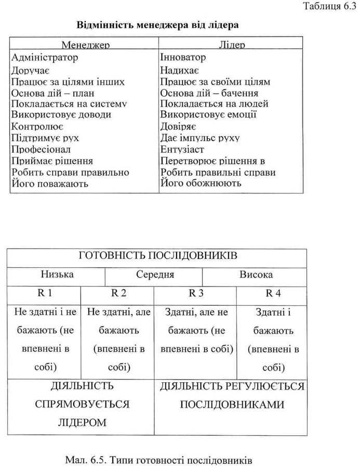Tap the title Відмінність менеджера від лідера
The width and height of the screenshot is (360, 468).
tap(158, 25)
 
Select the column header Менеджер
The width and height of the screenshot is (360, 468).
tap(85, 45)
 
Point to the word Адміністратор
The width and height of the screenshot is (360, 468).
tap(45, 57)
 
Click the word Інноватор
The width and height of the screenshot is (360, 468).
tap(183, 57)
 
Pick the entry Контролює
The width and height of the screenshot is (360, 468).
tap(37, 126)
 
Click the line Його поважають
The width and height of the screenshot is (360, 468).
tap(50, 183)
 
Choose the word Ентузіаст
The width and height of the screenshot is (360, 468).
tap(182, 149)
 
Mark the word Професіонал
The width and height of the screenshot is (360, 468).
tap(40, 149)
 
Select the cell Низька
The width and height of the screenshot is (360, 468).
tap(57, 275)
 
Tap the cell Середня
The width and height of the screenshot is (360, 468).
tap(155, 275)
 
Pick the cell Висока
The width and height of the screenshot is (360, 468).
tap(256, 275)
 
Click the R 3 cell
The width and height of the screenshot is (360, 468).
tap(196, 293)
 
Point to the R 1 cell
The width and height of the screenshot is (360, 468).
tap(45, 293)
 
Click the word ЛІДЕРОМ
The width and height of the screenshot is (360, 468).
tap(83, 422)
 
